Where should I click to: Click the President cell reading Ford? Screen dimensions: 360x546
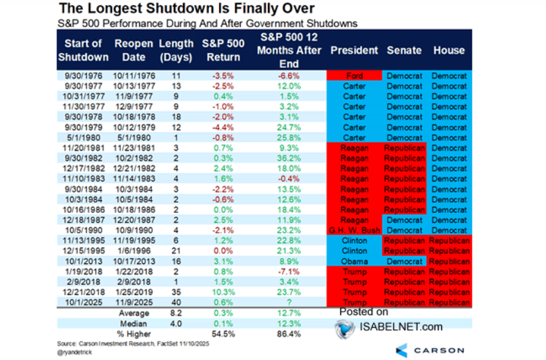[x=355, y=76]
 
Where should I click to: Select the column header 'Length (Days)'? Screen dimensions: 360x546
[x=176, y=50]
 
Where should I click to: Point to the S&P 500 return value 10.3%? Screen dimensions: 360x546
[x=223, y=292]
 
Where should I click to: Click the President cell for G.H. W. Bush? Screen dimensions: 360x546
[x=355, y=231]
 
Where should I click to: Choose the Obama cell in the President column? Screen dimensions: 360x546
[x=355, y=261]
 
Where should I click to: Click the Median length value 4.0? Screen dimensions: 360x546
[x=176, y=323]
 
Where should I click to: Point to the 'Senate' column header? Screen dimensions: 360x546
[x=404, y=50]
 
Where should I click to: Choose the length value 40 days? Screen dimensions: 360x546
[x=176, y=302]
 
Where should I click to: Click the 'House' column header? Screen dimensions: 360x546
[x=449, y=50]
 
